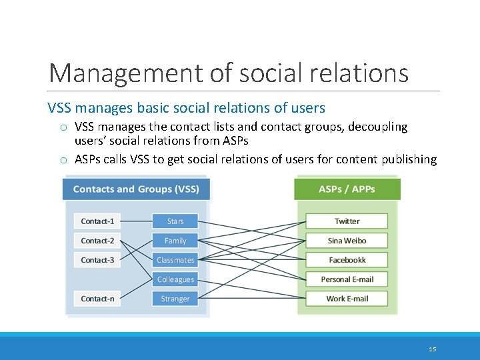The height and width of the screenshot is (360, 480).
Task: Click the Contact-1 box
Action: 97,221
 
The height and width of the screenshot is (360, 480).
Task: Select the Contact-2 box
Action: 97,241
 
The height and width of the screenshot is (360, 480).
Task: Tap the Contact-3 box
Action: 97,260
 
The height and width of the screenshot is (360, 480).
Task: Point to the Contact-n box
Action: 97,299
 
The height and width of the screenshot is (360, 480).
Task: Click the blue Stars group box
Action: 175,221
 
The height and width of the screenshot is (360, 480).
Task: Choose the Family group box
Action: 175,241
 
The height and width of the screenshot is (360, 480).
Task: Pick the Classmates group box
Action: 175,260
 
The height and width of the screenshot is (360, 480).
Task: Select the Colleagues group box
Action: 175,279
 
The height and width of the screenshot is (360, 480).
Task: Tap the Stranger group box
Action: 175,299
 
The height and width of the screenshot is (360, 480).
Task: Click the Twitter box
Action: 347,221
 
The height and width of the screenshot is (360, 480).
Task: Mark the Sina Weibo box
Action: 347,241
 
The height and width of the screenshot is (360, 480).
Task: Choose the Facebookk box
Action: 347,260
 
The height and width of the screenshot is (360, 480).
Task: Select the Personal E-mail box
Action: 347,279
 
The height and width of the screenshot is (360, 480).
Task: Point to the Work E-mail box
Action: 347,299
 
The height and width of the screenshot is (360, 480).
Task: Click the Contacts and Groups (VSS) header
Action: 136,189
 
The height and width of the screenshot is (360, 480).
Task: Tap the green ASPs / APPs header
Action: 347,189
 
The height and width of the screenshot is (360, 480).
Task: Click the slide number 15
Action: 433,349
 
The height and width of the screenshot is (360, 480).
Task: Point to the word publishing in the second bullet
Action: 409,159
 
